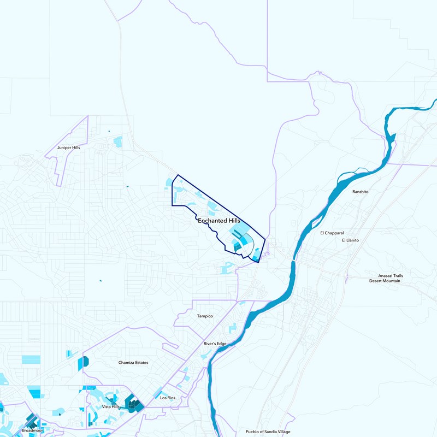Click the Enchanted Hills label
pos(219,220)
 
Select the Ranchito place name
pos(361,192)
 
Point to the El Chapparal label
pos(332,233)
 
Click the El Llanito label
pos(350,240)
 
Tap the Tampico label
pos(204,316)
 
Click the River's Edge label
pos(215,344)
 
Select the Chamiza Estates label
pos(133,362)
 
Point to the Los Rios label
pos(168,398)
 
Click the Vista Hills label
pos(111,407)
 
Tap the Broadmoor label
pos(32,430)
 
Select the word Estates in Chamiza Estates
pos(141,362)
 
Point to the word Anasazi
pos(386,276)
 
